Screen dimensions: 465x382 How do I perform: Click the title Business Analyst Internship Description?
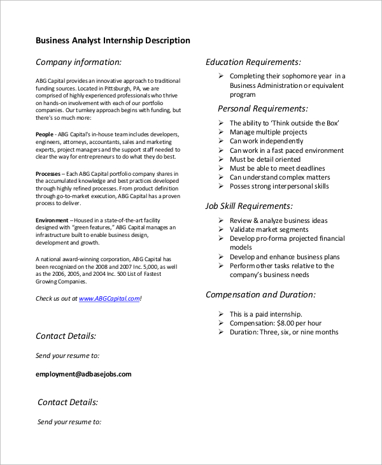(x=113, y=41)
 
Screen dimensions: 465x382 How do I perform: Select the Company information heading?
(x=78, y=62)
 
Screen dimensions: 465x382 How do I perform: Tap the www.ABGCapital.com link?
(x=109, y=298)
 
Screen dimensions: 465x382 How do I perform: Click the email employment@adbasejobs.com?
(x=83, y=374)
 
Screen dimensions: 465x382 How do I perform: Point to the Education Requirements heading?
(x=253, y=62)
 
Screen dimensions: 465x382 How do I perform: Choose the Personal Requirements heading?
(x=262, y=108)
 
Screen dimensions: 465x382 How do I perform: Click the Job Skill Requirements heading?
(x=249, y=206)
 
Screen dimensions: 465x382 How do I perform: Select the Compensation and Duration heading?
(x=260, y=295)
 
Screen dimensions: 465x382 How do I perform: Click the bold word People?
(x=45, y=134)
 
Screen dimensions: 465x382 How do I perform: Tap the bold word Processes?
(x=48, y=174)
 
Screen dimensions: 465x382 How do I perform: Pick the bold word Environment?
(x=53, y=220)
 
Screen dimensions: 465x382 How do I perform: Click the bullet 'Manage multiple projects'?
(x=268, y=132)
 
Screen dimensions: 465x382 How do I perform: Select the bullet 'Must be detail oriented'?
(x=265, y=159)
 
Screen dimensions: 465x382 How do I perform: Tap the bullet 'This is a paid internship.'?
(x=265, y=314)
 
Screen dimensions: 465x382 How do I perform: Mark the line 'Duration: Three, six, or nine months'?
(x=284, y=332)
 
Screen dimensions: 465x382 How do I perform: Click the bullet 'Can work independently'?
(x=266, y=141)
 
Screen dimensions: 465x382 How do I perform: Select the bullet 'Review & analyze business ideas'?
(x=279, y=220)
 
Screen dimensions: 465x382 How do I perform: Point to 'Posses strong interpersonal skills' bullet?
(x=279, y=186)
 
